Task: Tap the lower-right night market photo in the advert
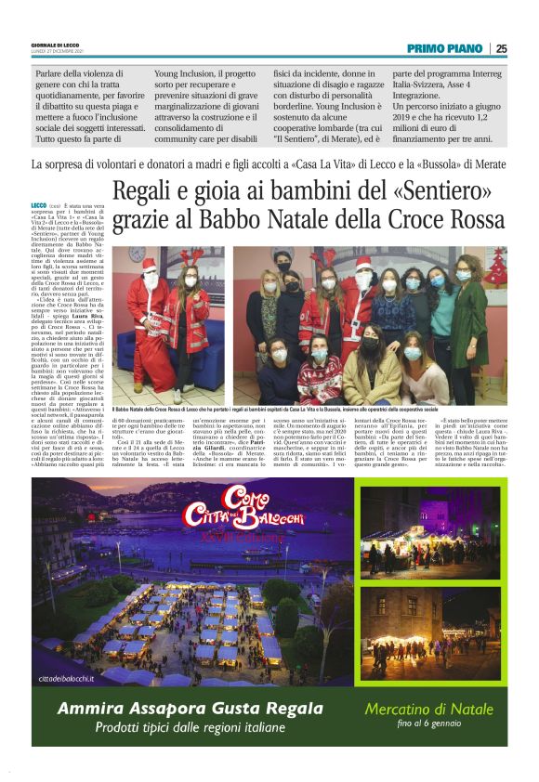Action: [x=429, y=632]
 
